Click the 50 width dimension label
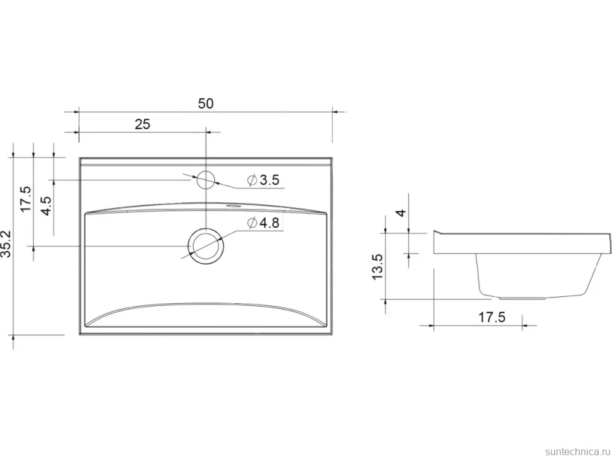click(206, 104)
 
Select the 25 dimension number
click(142, 124)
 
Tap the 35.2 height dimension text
click(7, 244)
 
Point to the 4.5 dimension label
click(47, 206)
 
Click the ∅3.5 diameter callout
click(264, 180)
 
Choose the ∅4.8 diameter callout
click(264, 223)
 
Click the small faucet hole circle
click(206, 180)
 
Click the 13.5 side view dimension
click(378, 266)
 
